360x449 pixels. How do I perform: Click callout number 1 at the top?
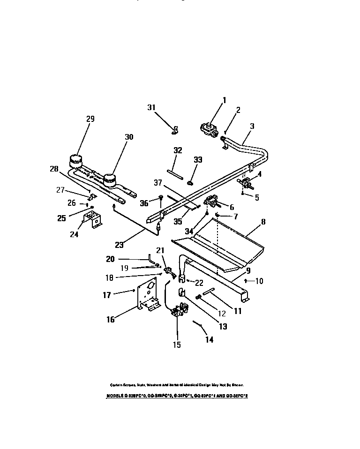point(224,99)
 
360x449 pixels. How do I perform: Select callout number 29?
point(90,119)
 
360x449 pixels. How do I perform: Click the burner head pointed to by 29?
point(75,160)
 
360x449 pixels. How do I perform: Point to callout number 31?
point(151,107)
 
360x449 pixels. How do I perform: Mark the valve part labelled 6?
point(212,202)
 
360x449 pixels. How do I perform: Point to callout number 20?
point(110,258)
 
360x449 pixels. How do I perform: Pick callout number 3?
point(252,126)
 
